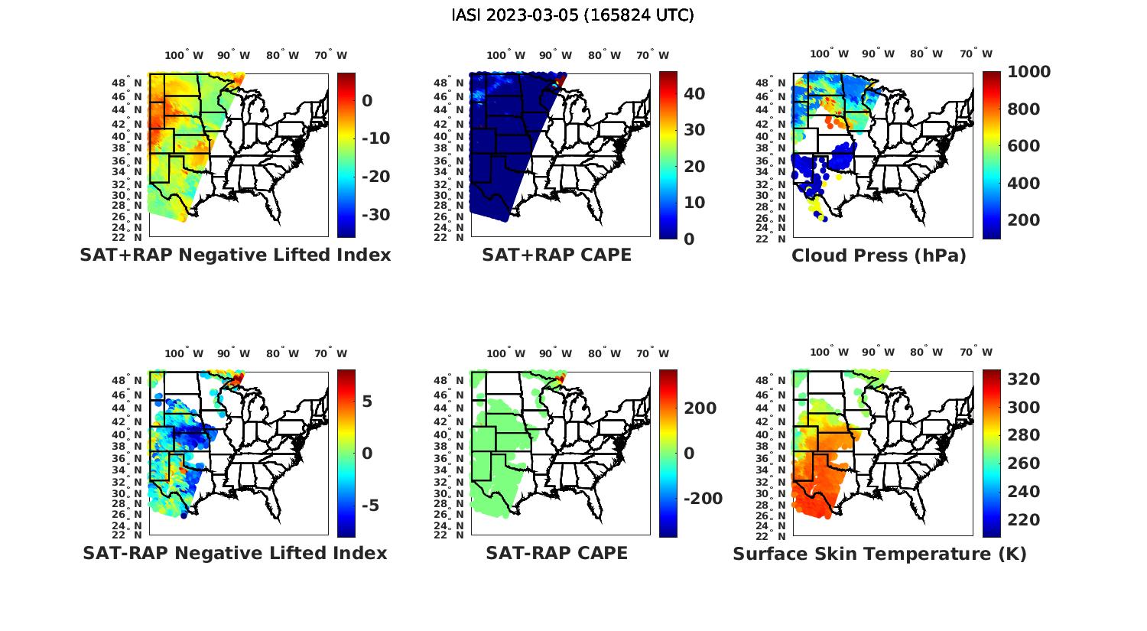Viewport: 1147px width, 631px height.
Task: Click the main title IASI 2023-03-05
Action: pyautogui.click(x=573, y=15)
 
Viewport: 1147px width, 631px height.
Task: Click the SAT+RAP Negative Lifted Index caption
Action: pyautogui.click(x=236, y=255)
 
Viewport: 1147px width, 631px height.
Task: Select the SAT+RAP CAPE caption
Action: pyautogui.click(x=557, y=255)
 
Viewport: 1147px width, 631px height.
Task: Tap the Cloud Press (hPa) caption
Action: pyautogui.click(x=879, y=256)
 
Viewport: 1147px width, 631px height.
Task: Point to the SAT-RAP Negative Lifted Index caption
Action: pyautogui.click(x=236, y=553)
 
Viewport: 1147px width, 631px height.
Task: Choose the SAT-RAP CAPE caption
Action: pyautogui.click(x=557, y=553)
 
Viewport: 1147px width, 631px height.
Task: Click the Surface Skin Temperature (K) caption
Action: pyautogui.click(x=879, y=554)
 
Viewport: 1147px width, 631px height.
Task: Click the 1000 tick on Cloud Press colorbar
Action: pyautogui.click(x=1028, y=72)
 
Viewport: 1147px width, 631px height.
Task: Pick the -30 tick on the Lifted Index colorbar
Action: pyautogui.click(x=375, y=215)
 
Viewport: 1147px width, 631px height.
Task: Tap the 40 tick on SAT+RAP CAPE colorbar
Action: pyautogui.click(x=694, y=94)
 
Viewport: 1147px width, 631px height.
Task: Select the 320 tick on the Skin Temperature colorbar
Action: pyautogui.click(x=1023, y=379)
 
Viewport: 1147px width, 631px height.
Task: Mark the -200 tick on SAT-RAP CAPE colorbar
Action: pyautogui.click(x=702, y=499)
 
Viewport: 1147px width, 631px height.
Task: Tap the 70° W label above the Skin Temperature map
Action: pyautogui.click(x=976, y=353)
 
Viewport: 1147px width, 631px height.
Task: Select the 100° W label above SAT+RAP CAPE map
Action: pyautogui.click(x=505, y=55)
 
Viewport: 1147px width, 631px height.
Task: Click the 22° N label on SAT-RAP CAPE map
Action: pyautogui.click(x=454, y=535)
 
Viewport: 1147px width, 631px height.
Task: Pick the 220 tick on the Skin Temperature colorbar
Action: pyautogui.click(x=1023, y=520)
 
